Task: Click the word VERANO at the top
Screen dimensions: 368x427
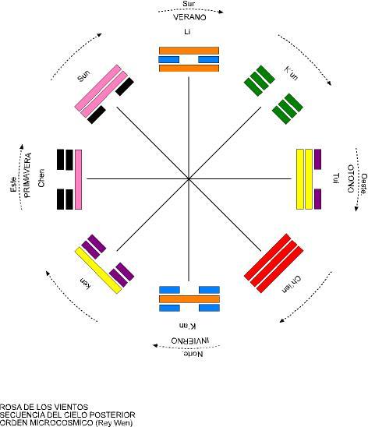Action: pyautogui.click(x=189, y=17)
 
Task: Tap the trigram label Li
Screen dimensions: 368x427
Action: pyautogui.click(x=187, y=32)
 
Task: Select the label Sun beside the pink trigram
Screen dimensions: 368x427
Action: pyautogui.click(x=83, y=76)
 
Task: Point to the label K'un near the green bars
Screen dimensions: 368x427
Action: pyautogui.click(x=291, y=73)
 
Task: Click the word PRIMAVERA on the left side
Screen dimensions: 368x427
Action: pyautogui.click(x=27, y=175)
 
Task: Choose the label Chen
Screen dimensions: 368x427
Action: pyautogui.click(x=41, y=178)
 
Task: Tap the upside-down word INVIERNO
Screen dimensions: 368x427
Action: pyautogui.click(x=190, y=341)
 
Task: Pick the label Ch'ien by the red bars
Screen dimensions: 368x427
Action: pyautogui.click(x=291, y=284)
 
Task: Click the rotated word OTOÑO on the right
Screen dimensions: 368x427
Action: pyautogui.click(x=351, y=178)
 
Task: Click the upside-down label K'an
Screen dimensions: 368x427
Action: pyautogui.click(x=187, y=326)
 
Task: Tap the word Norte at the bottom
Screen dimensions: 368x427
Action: pyautogui.click(x=193, y=354)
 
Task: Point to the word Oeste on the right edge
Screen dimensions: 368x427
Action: pyautogui.click(x=364, y=184)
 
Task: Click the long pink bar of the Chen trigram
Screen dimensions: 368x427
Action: pyautogui.click(x=78, y=179)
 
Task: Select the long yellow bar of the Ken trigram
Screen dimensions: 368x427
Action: pyautogui.click(x=98, y=270)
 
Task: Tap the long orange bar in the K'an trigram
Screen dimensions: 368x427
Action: pyautogui.click(x=189, y=299)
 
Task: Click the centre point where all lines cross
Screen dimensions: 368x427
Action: pyautogui.click(x=189, y=179)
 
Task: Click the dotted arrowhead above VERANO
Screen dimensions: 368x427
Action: pyautogui.click(x=221, y=12)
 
